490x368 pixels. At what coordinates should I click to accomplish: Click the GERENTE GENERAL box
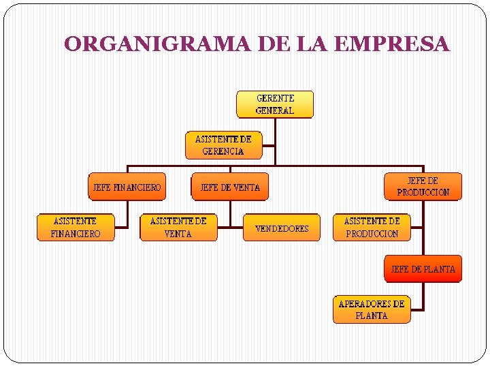[275, 104]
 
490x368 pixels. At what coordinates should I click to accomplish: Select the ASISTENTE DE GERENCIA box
[223, 145]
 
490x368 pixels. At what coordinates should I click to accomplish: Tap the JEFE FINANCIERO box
[127, 187]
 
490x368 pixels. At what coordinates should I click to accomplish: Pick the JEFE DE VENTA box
[230, 187]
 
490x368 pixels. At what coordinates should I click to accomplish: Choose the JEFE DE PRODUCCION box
[423, 186]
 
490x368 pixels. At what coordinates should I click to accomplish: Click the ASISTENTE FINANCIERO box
[76, 228]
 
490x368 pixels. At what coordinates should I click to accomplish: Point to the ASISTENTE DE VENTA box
[178, 228]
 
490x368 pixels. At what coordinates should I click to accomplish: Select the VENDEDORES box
[282, 228]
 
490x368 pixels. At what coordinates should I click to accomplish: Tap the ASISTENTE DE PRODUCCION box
[372, 228]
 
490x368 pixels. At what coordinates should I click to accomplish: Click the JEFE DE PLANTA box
[423, 269]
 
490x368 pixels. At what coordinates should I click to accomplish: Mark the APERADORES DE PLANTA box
[372, 309]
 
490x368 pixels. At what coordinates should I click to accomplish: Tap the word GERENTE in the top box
[275, 98]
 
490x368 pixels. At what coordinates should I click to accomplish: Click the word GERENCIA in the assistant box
[223, 151]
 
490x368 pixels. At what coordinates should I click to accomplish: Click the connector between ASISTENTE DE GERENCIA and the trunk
[268, 145]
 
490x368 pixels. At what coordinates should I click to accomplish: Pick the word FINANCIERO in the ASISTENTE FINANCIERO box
[76, 234]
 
